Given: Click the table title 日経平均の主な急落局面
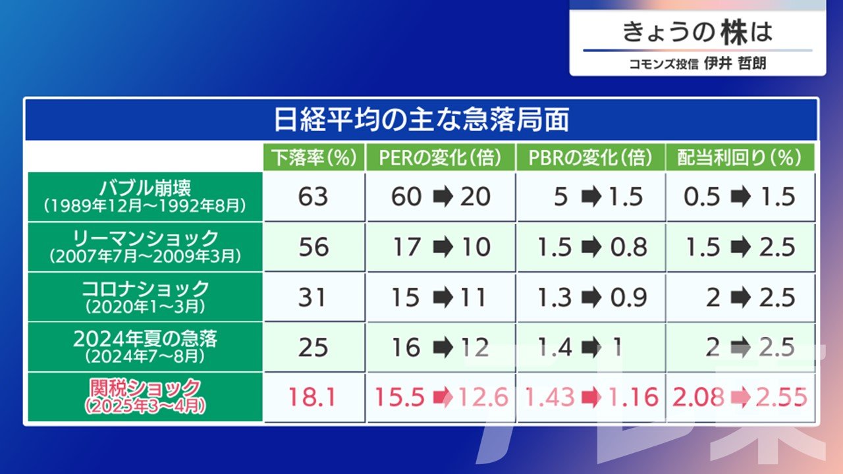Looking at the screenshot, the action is pos(421,120).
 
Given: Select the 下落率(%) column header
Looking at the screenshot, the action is pos(314,157).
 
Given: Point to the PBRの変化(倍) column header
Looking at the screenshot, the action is pos(590,157).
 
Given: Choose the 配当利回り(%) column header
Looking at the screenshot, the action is pos(740,157).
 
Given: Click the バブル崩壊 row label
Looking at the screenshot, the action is pos(146,188).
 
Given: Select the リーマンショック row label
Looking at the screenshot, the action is pos(146,238).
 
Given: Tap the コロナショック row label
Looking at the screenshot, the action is pos(146,289).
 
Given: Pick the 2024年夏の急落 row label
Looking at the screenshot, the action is pos(146,339).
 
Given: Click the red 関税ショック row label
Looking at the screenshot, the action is pos(146,388).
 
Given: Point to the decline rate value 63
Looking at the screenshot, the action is pos(313,197).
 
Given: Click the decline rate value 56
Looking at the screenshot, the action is pos(313,247).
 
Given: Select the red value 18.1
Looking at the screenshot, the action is pos(312,397).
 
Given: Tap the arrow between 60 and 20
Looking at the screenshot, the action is pos(443,197).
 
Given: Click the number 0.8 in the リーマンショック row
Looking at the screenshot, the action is pos(629,247).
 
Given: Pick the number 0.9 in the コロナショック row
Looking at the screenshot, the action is pos(629,298).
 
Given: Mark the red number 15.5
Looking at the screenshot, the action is pos(400,397).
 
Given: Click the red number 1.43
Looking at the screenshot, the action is pos(550,397).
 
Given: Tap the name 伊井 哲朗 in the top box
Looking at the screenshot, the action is pos(735,63).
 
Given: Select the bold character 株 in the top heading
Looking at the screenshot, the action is pos(734,32).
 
